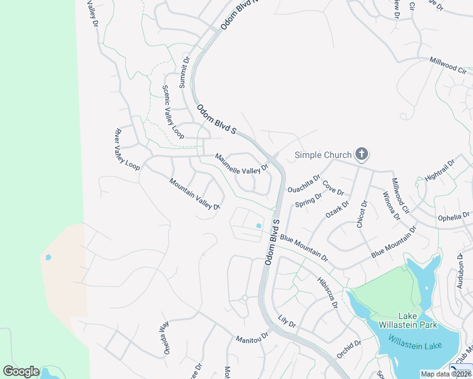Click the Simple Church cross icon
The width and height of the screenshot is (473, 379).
pos(361,153)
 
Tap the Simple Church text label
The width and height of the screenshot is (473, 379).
pos(324,154)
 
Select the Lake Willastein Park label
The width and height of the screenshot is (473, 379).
pos(416,320)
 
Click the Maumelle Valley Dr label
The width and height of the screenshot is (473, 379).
pos(242,162)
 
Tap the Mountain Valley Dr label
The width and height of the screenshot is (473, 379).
pos(194,194)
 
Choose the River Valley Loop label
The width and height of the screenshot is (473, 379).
pos(126,149)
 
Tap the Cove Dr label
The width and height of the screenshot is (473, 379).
pos(333,188)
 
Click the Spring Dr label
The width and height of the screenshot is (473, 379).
pos(309,201)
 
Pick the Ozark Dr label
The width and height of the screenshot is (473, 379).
pos(338,208)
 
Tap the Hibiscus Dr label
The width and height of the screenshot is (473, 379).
pos(328,291)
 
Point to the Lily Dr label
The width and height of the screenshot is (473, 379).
pos(286,322)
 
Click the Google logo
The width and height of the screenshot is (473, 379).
pos(21,371)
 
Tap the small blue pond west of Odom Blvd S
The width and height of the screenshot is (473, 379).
pos(258,226)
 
